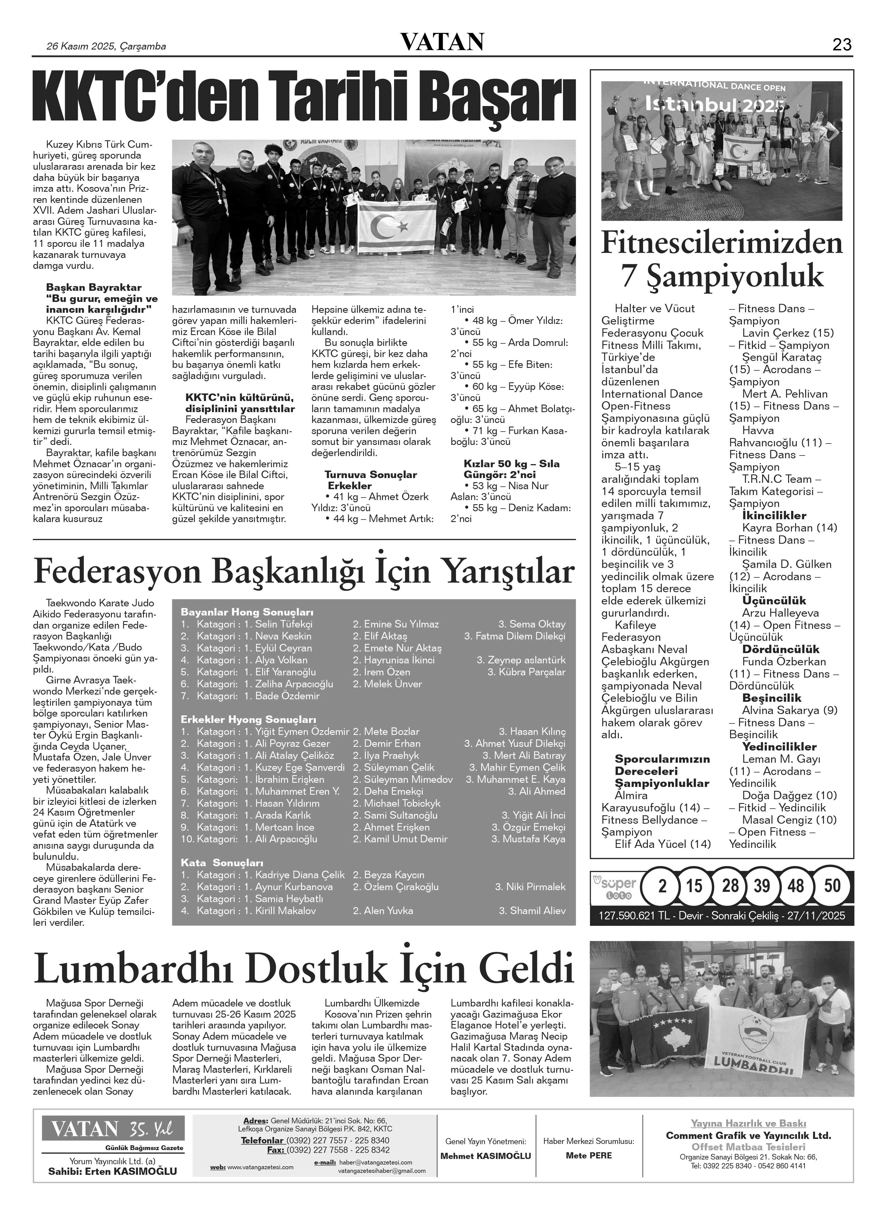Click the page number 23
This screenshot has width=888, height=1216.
click(x=842, y=45)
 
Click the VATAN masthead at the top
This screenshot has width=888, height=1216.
click(x=442, y=42)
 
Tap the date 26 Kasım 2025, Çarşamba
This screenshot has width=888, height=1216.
click(x=106, y=46)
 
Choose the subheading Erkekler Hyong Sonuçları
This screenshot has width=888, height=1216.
click(x=248, y=720)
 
